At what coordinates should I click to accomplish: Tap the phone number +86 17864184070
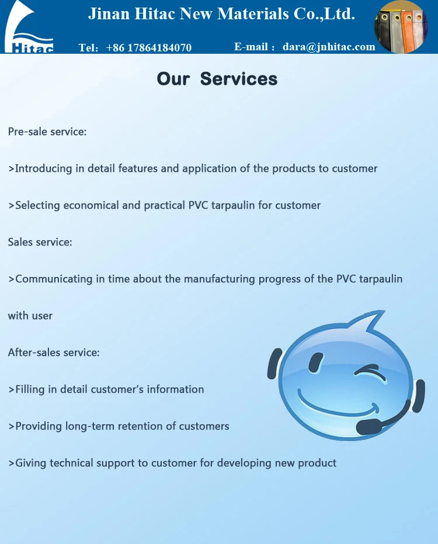coord(148,48)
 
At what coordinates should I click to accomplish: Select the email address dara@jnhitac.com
coord(329,47)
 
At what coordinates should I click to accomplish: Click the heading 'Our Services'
coord(217,79)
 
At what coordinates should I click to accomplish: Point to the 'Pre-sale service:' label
coord(47,131)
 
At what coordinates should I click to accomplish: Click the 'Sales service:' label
coord(40,242)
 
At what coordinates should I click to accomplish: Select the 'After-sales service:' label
coord(54,352)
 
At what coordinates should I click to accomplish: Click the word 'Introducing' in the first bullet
coord(44,169)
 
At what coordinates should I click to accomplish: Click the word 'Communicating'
coord(54,279)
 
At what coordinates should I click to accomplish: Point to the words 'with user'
coord(30,316)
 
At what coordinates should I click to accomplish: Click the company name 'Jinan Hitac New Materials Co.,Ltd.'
coord(221,14)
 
